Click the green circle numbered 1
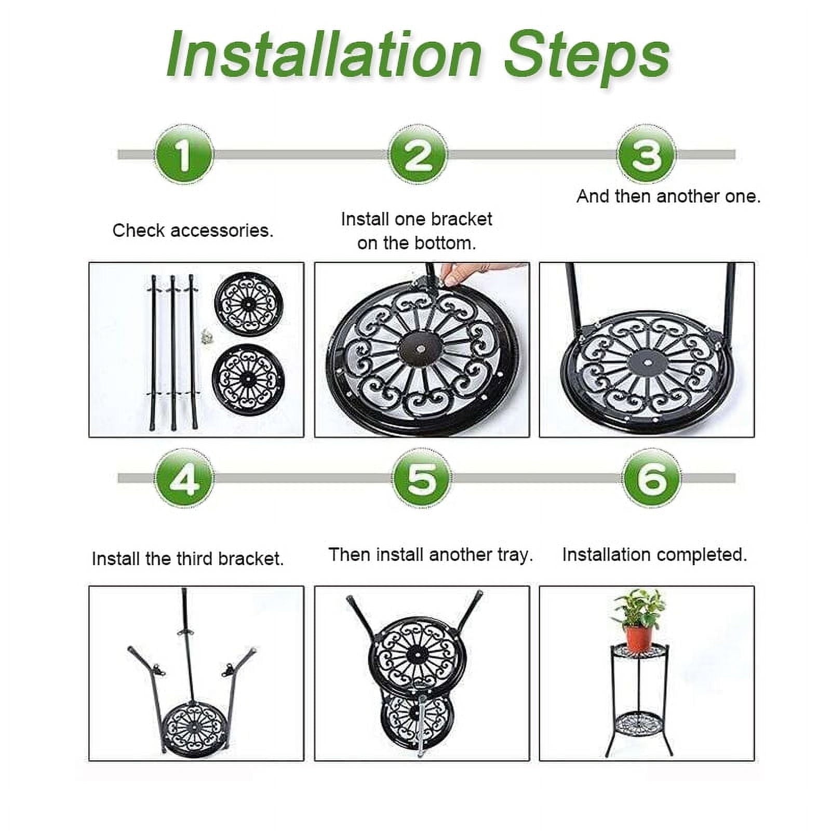click(184, 154)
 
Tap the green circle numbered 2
click(418, 154)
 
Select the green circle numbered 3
click(647, 154)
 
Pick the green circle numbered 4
click(184, 478)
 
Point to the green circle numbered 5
click(422, 478)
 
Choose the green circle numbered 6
click(652, 478)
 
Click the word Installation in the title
click(325, 55)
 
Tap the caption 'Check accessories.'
click(193, 231)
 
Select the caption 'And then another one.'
click(668, 196)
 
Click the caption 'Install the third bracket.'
click(187, 559)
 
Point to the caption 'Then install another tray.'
click(431, 555)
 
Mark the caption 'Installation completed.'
click(654, 555)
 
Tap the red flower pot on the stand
click(638, 638)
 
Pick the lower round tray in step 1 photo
click(248, 379)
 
